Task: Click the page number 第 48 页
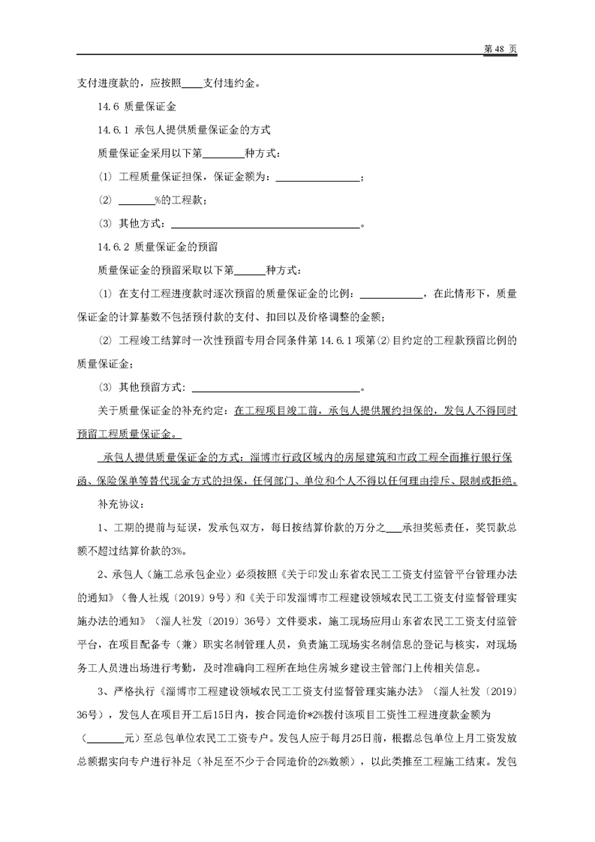501,47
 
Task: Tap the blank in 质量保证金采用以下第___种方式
224,154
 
